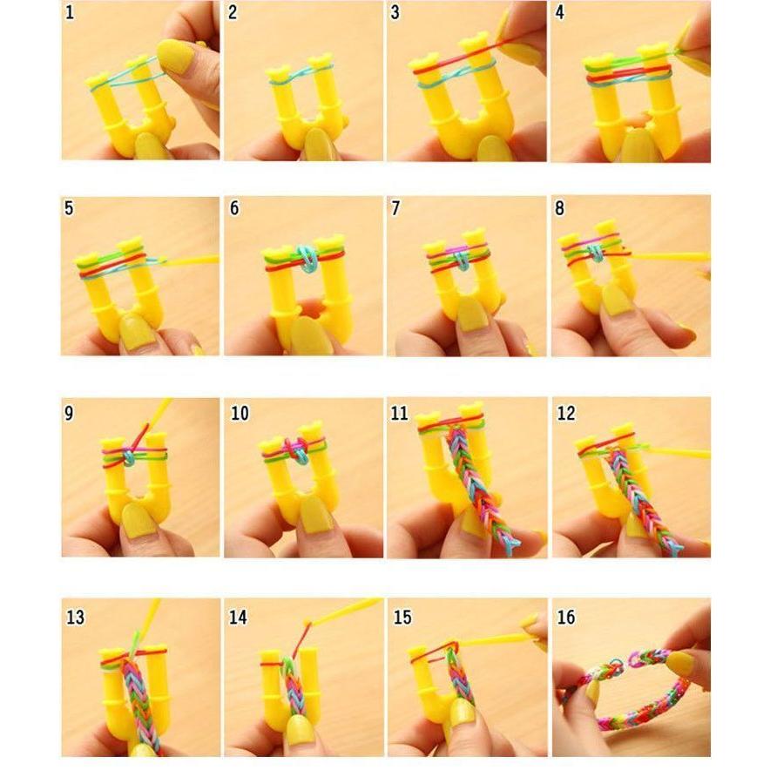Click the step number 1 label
(x=69, y=12)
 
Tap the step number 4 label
(x=560, y=12)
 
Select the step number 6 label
(x=233, y=210)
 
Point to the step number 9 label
(x=69, y=413)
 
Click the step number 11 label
(x=399, y=413)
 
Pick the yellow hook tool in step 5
(x=192, y=260)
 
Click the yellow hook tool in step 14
(x=344, y=611)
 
